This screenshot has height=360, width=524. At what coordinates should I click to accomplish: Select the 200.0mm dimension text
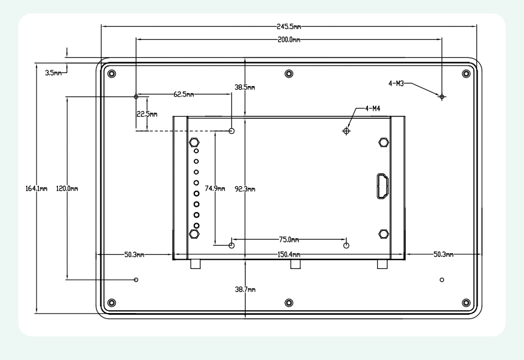(x=289, y=39)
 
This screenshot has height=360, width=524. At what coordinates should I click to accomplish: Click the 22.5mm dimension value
(x=146, y=115)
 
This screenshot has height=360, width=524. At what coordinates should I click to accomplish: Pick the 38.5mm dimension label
(x=245, y=87)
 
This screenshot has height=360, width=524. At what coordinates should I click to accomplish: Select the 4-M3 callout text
(x=396, y=83)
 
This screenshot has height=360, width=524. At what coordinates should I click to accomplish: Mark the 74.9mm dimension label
(x=215, y=188)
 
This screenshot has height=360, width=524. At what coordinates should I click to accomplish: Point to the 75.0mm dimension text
(x=289, y=239)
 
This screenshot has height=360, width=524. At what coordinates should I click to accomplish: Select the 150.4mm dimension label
(x=289, y=255)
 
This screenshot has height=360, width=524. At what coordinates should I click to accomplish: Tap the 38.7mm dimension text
(x=245, y=289)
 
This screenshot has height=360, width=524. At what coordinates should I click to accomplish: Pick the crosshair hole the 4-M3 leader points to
(x=442, y=97)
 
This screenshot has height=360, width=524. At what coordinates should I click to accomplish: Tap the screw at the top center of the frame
(x=289, y=74)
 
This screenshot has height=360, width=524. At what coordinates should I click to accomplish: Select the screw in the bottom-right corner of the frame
(x=466, y=303)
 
